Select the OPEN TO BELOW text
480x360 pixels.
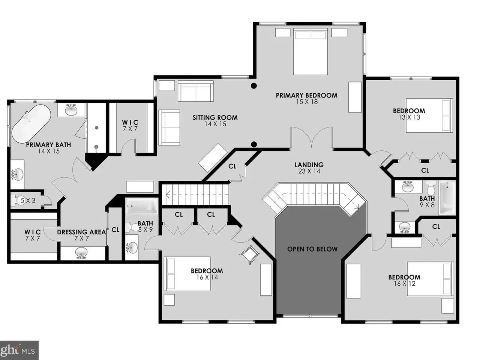click(x=312, y=249)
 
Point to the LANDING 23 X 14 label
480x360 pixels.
click(x=309, y=168)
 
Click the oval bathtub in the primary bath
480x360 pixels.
click(x=31, y=124)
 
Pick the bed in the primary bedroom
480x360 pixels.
click(x=310, y=52)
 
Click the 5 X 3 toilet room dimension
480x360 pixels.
click(x=28, y=200)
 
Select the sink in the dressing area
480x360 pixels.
click(x=81, y=253)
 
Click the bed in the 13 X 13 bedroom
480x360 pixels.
click(x=429, y=115)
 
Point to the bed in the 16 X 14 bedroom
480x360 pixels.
click(x=187, y=274)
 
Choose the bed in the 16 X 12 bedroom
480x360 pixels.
click(x=430, y=279)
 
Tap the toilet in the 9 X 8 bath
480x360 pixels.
click(x=431, y=188)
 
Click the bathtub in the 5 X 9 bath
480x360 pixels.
click(x=142, y=206)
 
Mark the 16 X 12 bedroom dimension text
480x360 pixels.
click(x=404, y=284)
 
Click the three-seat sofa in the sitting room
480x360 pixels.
click(x=196, y=91)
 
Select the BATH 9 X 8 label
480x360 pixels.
click(x=427, y=201)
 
